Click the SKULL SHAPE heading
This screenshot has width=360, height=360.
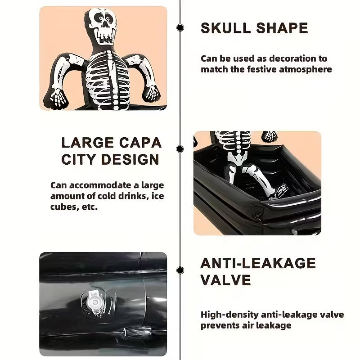click(x=254, y=28)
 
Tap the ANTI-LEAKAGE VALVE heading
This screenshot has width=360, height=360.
click(x=258, y=271)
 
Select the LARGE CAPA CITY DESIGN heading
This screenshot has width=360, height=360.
click(x=111, y=151)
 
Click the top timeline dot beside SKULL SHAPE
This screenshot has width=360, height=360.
click(x=180, y=28)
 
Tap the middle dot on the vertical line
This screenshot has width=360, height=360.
click(x=180, y=149)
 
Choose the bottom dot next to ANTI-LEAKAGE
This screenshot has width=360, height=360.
click(x=180, y=270)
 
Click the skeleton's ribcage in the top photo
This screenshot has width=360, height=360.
click(x=107, y=81)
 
